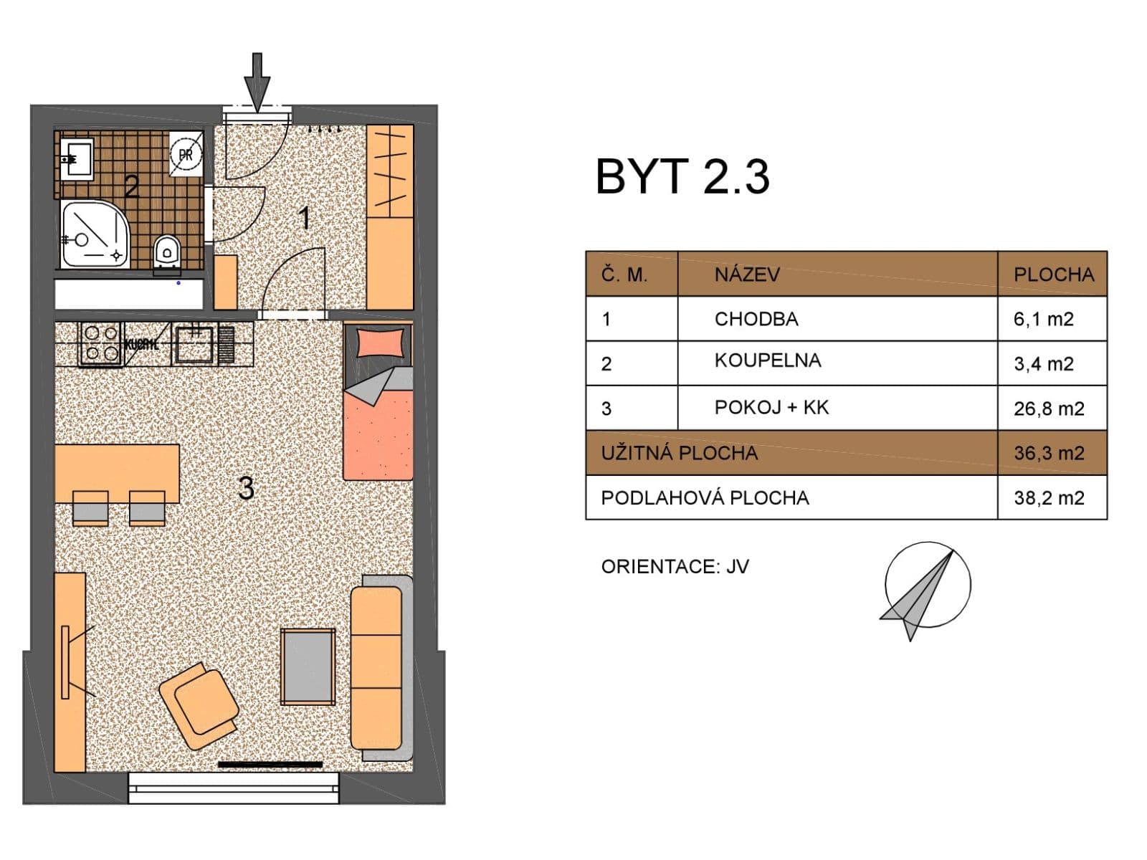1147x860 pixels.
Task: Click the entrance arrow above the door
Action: [257, 81]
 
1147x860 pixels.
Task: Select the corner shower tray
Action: [92, 234]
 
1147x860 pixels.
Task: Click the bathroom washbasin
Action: [76, 158]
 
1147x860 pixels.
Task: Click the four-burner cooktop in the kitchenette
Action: [100, 343]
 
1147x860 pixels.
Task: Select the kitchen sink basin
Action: [194, 343]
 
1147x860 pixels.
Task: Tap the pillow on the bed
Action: [380, 342]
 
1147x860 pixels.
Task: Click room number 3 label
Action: [246, 489]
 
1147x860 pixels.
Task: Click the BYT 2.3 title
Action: [682, 177]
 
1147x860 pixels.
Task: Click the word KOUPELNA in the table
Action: [767, 360]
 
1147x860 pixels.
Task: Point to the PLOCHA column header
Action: [1053, 274]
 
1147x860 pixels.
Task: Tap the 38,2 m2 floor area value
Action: [1048, 497]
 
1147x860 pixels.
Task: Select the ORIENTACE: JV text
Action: [675, 567]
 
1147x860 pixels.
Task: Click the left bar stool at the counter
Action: [90, 508]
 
